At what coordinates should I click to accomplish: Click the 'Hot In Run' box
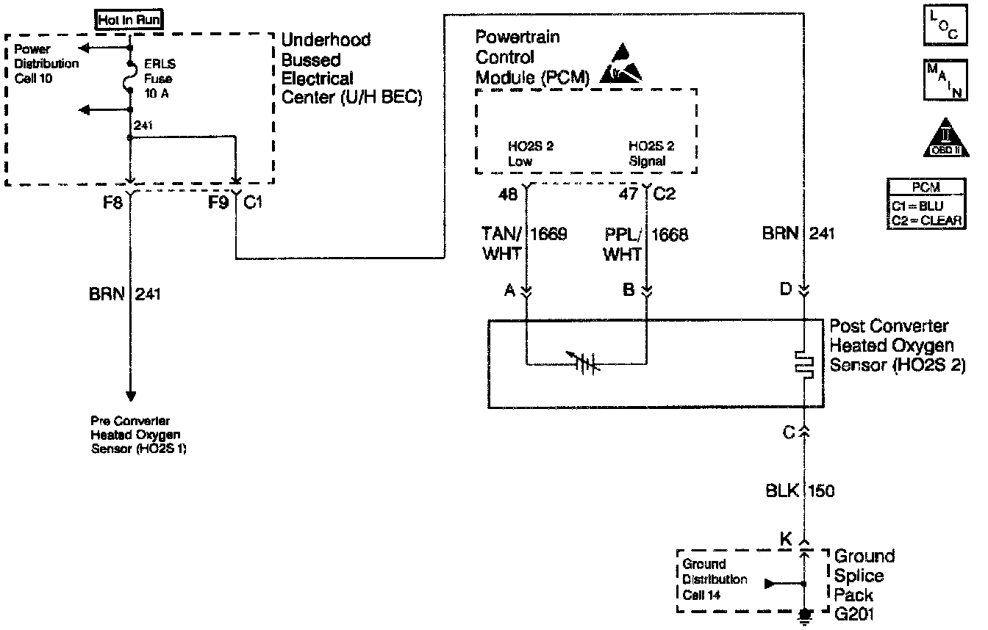[x=129, y=21]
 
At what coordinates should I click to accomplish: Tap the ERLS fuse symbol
[x=130, y=76]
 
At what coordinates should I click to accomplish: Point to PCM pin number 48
[x=507, y=195]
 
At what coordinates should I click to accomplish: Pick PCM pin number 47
[x=629, y=195]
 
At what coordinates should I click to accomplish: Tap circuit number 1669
[x=548, y=236]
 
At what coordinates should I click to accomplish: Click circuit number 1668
[x=670, y=236]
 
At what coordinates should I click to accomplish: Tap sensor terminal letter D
[x=785, y=289]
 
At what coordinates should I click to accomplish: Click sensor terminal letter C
[x=789, y=433]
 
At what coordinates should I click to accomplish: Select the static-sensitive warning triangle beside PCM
[x=620, y=65]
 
